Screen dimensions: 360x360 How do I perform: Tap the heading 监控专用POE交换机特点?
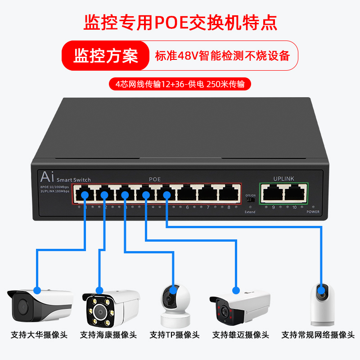(180, 22)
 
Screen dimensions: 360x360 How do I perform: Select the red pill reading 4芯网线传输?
(180, 84)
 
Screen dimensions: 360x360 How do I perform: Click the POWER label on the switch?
(313, 211)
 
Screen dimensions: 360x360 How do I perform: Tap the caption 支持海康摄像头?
(108, 335)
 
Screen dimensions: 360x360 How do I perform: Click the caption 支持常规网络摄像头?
(318, 335)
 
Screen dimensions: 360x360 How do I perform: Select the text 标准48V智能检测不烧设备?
(222, 56)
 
